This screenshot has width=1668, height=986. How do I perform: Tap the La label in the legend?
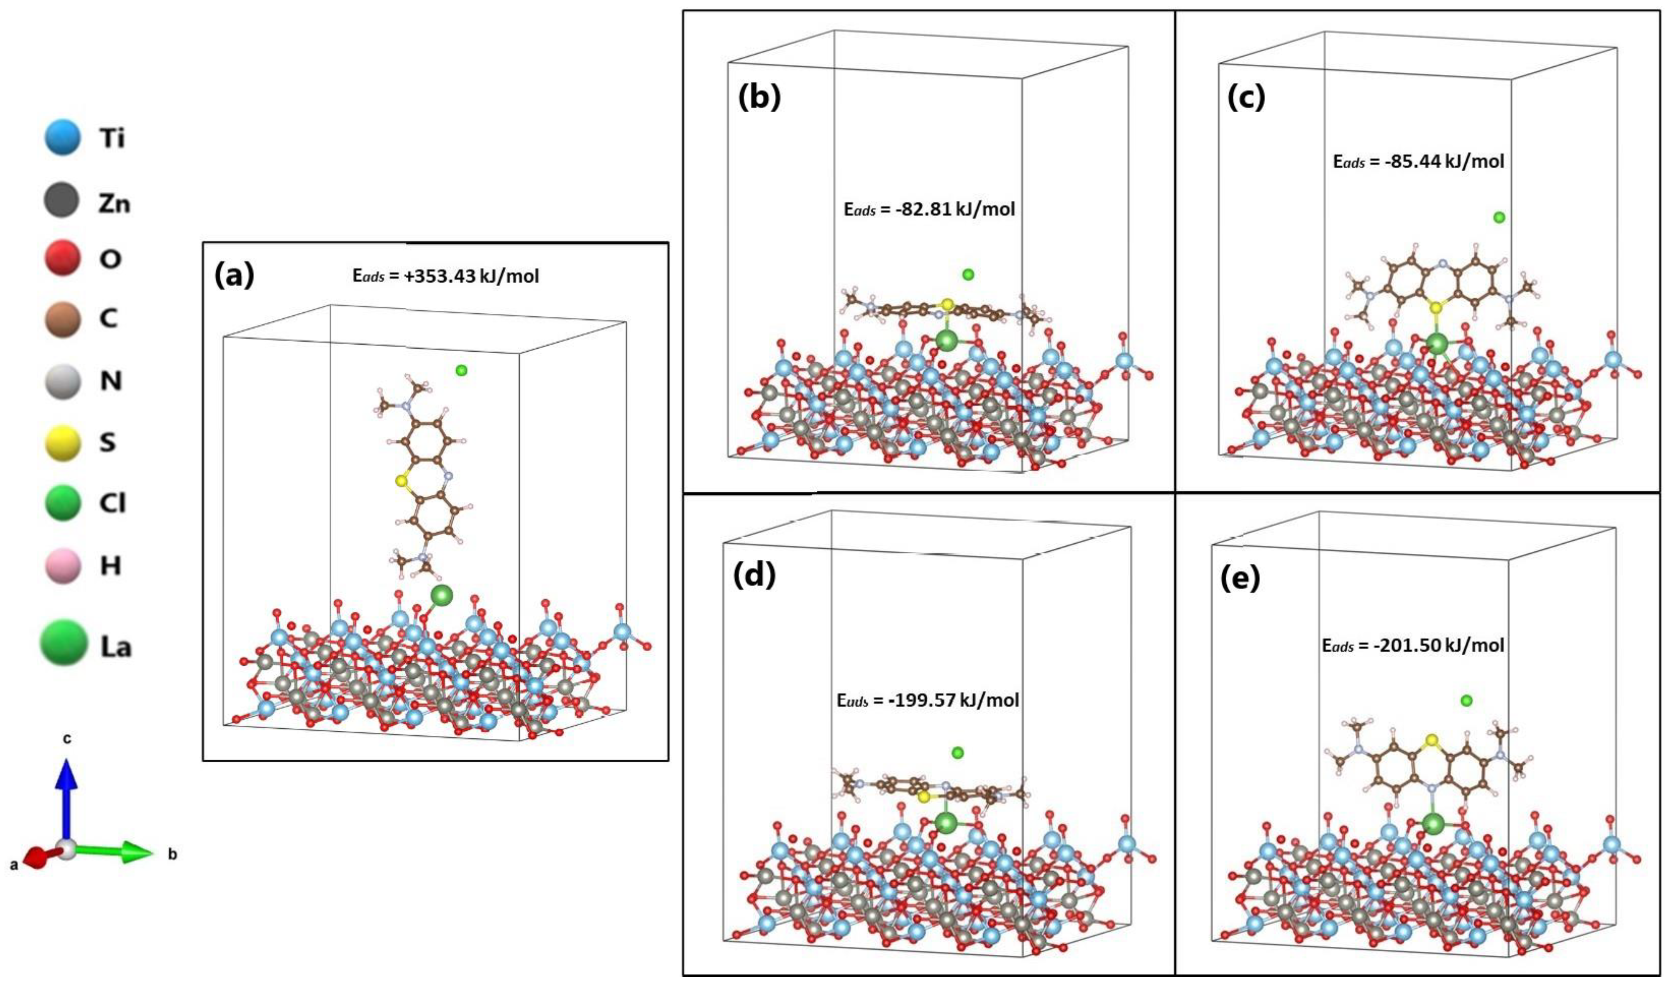click(116, 647)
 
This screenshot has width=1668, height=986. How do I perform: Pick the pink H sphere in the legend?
click(62, 565)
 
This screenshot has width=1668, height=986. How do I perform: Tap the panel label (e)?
click(1240, 579)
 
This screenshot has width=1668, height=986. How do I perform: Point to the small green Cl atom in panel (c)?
click(1499, 217)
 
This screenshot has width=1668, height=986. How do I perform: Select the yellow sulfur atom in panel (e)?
click(1432, 740)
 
